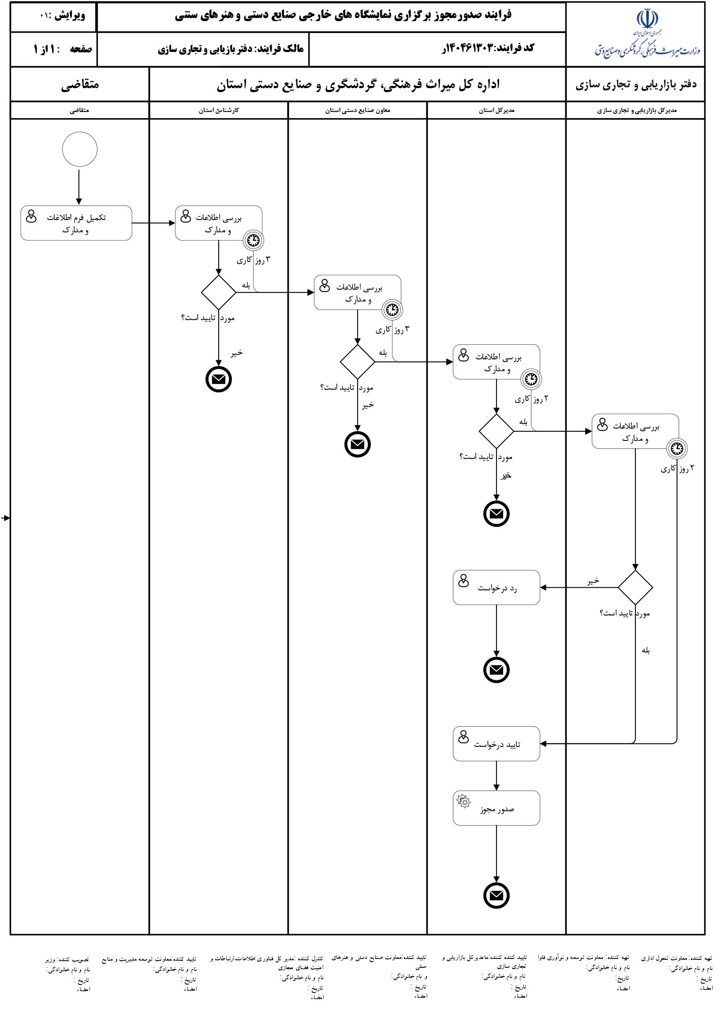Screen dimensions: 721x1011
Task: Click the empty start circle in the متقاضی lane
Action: (79, 149)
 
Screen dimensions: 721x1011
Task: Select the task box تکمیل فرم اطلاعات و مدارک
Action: (76, 223)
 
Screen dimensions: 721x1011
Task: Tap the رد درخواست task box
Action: (497, 587)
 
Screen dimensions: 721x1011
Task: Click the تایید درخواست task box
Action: (497, 743)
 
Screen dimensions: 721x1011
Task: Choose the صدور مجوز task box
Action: (497, 808)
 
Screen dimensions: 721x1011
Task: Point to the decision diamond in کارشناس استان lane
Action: (218, 292)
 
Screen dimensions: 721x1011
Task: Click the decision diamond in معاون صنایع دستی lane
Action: (357, 362)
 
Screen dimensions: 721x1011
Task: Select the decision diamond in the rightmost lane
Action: (635, 587)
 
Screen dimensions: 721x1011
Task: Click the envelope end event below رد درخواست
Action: (497, 670)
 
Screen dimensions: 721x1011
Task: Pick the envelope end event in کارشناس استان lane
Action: (218, 380)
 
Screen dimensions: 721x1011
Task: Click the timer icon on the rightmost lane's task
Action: (677, 448)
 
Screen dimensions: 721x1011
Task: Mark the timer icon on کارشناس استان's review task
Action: (254, 241)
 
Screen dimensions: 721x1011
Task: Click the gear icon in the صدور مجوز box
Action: (463, 801)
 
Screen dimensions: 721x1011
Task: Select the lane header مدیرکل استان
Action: (497, 111)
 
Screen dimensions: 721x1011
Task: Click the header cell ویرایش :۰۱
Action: (62, 15)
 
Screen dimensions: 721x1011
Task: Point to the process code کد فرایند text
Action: (487, 48)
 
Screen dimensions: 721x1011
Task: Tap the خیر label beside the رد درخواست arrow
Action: (594, 581)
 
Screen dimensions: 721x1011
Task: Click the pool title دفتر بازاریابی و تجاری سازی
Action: (636, 84)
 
